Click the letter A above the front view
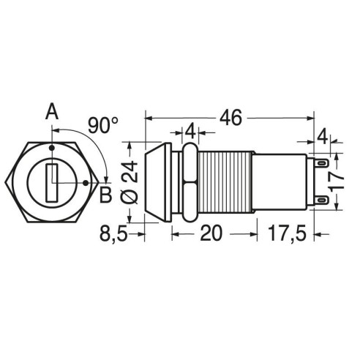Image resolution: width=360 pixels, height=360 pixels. coord(52,111)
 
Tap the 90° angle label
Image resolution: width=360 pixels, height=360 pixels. coord(103,125)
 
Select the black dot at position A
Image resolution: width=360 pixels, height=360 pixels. coord(52,148)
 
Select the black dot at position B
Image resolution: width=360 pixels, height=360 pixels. coord(86,183)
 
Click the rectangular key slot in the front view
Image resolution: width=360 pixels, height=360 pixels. coord(52,183)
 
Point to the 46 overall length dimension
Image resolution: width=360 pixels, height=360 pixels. coord(230,118)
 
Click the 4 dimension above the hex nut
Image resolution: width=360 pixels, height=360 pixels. coord(190,132)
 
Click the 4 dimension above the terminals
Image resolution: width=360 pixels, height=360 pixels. coord(323,137)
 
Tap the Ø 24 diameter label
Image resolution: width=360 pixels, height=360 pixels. coord(130,182)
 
